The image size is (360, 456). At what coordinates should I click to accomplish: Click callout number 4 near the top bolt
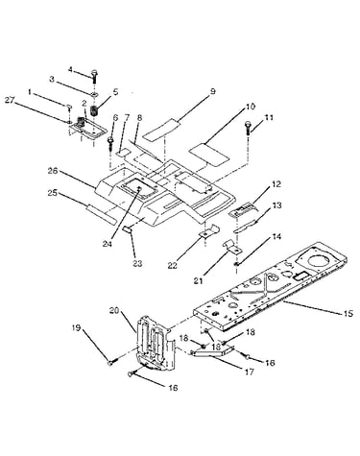(70, 69)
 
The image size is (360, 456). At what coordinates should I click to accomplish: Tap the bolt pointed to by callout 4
(94, 76)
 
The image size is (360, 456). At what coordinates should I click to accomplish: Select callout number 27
(11, 100)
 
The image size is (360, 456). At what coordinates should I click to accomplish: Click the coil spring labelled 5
(94, 110)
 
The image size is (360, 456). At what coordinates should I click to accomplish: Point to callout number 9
(212, 92)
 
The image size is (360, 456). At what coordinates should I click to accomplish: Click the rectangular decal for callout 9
(161, 129)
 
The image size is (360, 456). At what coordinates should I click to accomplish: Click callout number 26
(53, 171)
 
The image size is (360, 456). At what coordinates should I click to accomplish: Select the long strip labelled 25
(100, 213)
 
